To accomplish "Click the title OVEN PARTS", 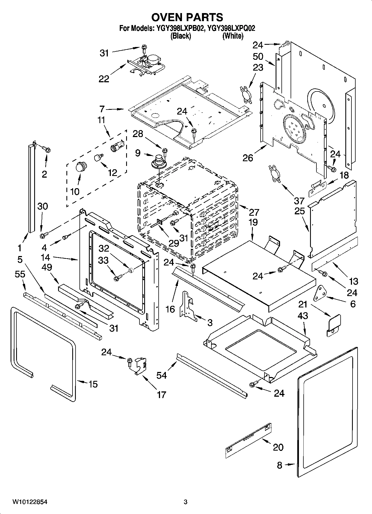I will pos(187,17).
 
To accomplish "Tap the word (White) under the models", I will pos(233,36).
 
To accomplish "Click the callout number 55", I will pos(20,274).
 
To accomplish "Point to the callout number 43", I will pos(303,316).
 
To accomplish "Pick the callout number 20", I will pos(278,447).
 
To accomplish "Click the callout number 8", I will pos(279,465).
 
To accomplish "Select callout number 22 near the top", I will pos(104,79).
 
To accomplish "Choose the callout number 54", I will pos(161,375).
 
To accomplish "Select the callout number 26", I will pos(248,158).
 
